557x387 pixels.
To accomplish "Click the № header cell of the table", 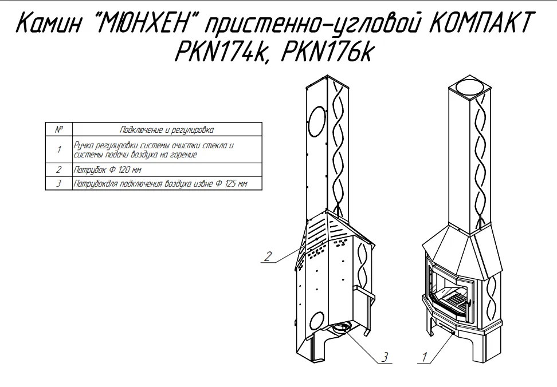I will tap(58, 129).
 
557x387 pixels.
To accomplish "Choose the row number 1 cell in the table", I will tap(58, 150).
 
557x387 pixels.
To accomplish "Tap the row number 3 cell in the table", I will tap(58, 184).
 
